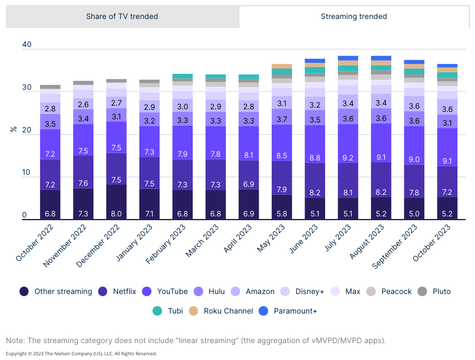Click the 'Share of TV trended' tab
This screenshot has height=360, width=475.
[122, 16]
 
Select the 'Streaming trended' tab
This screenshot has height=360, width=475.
[354, 16]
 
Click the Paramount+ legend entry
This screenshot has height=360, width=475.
[288, 311]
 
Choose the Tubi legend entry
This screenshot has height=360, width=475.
[168, 311]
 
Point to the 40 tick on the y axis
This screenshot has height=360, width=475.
[27, 45]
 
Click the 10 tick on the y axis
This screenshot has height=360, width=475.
[27, 173]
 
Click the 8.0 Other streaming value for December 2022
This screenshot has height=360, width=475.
[116, 213]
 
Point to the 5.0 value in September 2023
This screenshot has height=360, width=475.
[414, 213]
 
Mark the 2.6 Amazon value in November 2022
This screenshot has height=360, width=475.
[83, 105]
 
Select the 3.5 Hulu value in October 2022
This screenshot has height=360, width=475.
[50, 124]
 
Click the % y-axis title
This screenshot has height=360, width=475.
[14, 129]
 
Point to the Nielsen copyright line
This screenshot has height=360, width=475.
[81, 354]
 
